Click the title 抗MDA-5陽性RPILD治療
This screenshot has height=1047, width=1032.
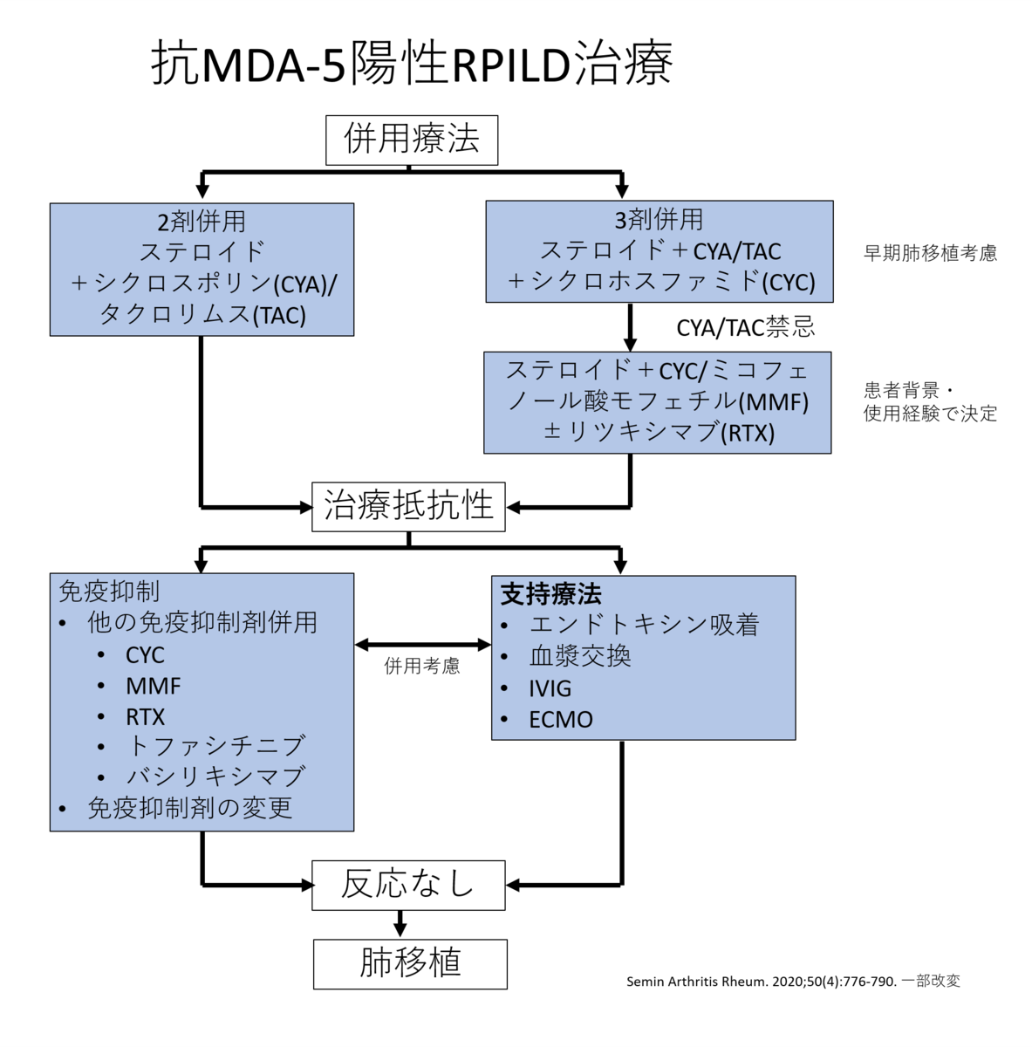coord(412,63)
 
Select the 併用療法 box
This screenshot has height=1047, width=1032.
coord(412,140)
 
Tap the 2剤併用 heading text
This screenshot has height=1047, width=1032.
coord(202,221)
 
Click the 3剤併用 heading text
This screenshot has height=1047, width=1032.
coord(659,219)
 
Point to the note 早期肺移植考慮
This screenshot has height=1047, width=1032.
coord(930,253)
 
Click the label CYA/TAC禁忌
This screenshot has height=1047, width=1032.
coord(746,327)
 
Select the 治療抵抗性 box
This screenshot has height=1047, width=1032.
coord(408,506)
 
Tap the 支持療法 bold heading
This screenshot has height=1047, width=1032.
coord(550,595)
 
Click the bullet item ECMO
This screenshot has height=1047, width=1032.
coord(560,720)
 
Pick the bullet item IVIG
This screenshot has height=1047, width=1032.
coord(550,688)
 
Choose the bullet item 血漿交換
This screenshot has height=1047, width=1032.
coord(579,656)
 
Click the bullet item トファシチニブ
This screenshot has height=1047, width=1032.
coord(215,745)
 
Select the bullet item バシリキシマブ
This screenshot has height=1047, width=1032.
coord(215,776)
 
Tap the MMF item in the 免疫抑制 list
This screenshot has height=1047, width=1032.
coord(153,686)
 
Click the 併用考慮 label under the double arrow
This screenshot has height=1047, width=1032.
coord(422,667)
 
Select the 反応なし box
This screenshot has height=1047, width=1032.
coord(408,885)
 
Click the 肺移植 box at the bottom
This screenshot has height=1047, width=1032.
coord(410,963)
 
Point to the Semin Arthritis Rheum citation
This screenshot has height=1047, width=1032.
coord(792,982)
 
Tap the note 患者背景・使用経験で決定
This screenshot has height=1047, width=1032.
coord(930,402)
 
